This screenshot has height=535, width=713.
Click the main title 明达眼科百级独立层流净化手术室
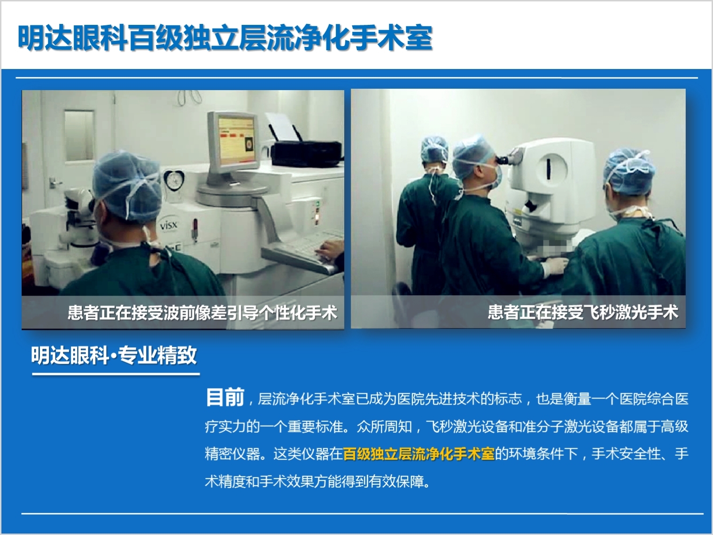click(225, 38)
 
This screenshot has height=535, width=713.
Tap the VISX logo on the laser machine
click(169, 224)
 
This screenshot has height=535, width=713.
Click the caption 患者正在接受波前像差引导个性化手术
click(202, 313)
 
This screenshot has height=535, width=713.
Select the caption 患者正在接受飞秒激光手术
click(583, 312)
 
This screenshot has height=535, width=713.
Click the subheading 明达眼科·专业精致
click(114, 355)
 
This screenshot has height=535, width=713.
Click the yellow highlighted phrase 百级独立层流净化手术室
click(418, 453)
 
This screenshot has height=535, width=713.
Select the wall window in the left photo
click(79, 135)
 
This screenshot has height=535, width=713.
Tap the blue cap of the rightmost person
click(629, 171)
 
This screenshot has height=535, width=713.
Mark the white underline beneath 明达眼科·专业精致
click(116, 374)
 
